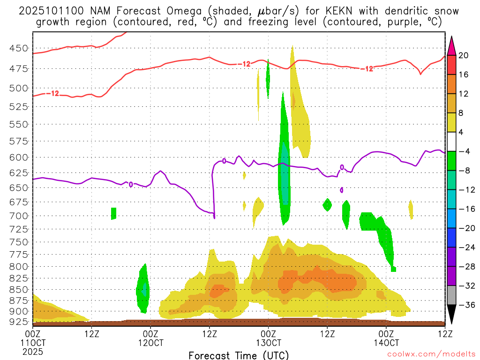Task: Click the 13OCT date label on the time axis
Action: tap(268, 343)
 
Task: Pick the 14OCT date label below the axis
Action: tap(386, 343)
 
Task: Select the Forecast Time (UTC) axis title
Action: tap(239, 355)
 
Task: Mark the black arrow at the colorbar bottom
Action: tap(452, 315)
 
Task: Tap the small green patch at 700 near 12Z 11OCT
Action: tap(113, 213)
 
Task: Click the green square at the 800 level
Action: tap(393, 269)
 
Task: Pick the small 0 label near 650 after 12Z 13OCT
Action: tap(341, 190)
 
